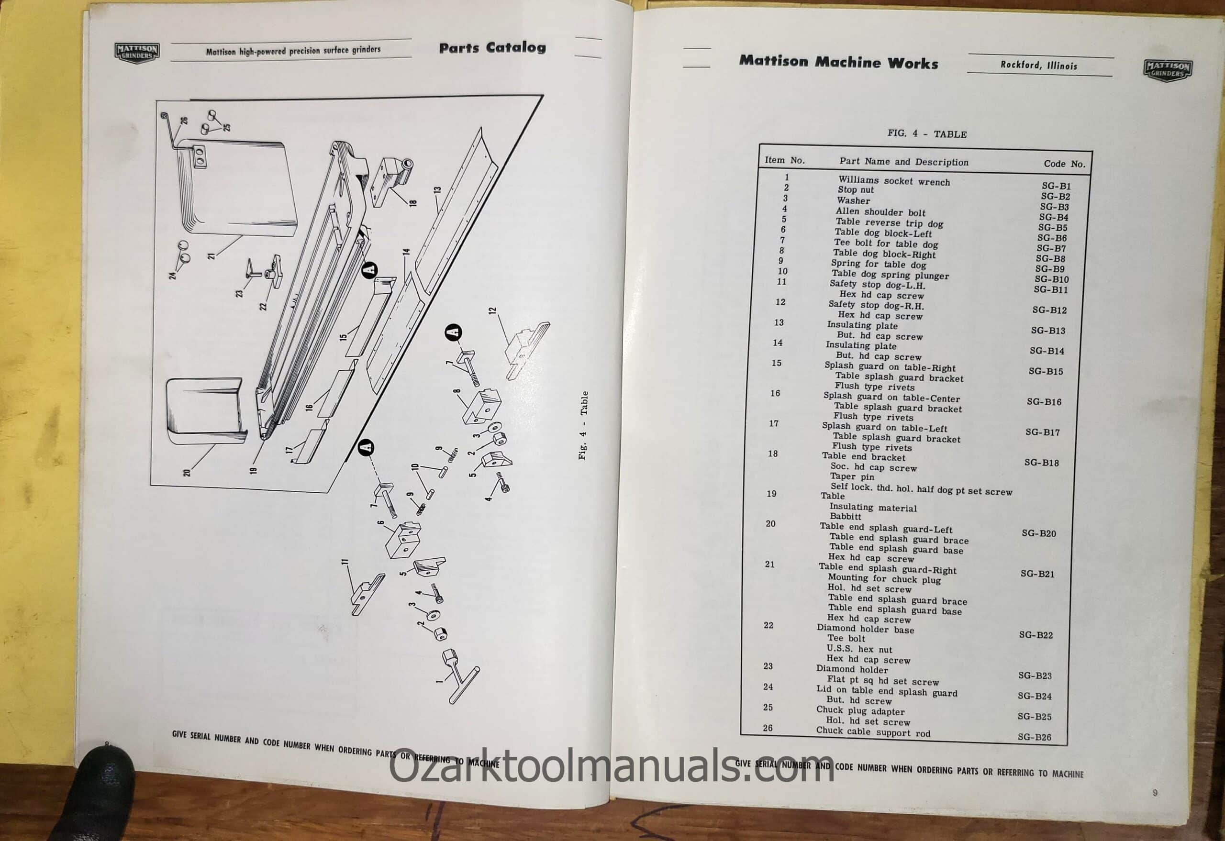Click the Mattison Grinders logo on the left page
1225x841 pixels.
pos(137,53)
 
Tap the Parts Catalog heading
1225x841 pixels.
pos(492,48)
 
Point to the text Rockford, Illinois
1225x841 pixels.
pos(1039,66)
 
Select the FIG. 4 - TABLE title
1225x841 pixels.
pos(927,134)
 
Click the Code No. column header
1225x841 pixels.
pos(1065,163)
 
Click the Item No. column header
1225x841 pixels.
pos(785,160)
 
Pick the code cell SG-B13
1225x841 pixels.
pos(1048,331)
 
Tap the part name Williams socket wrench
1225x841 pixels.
pos(894,181)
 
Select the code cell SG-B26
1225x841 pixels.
pos(1034,737)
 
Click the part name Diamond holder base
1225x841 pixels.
pos(865,629)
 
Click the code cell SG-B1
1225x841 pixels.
pos(1057,186)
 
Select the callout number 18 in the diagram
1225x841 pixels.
pos(413,201)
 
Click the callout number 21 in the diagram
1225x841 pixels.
pos(212,255)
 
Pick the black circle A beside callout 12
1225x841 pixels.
pos(453,332)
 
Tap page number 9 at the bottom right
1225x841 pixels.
pos(1155,793)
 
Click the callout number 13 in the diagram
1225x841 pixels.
pos(437,190)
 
